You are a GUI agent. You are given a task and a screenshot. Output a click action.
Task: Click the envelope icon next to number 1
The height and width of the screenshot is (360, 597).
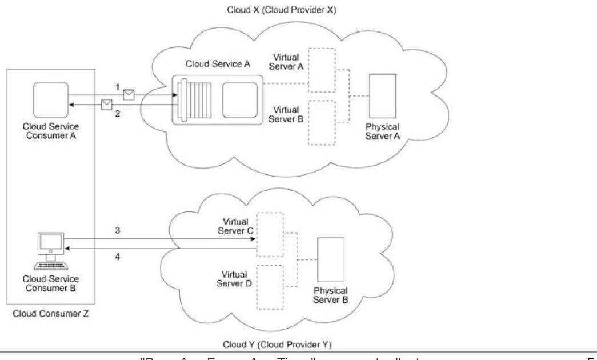click(130, 94)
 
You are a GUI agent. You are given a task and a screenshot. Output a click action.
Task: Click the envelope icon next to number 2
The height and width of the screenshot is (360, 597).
click(107, 104)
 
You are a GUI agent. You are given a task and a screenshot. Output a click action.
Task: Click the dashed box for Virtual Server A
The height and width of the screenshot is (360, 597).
click(322, 70)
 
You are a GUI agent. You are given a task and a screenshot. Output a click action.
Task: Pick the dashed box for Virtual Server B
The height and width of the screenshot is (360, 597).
click(322, 122)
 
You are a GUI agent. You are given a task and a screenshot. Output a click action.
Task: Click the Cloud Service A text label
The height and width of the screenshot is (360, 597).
click(218, 64)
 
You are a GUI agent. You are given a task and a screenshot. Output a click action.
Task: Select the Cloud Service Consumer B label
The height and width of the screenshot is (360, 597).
click(50, 283)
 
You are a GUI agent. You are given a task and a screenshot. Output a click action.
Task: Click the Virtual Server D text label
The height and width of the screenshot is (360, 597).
click(234, 279)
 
